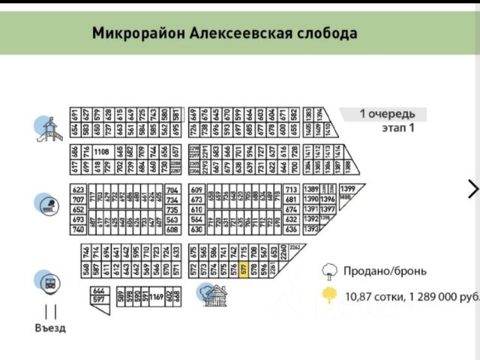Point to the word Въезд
tap(50, 328)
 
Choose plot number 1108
tap(102, 151)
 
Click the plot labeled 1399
tap(347, 188)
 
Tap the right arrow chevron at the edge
tap(472, 188)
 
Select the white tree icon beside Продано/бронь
tap(328, 271)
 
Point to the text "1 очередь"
tap(386, 114)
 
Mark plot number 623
tap(78, 190)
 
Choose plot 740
tap(78, 229)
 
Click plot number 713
tap(292, 190)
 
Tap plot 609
tap(196, 190)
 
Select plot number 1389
tap(312, 189)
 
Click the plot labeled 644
tap(98, 290)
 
